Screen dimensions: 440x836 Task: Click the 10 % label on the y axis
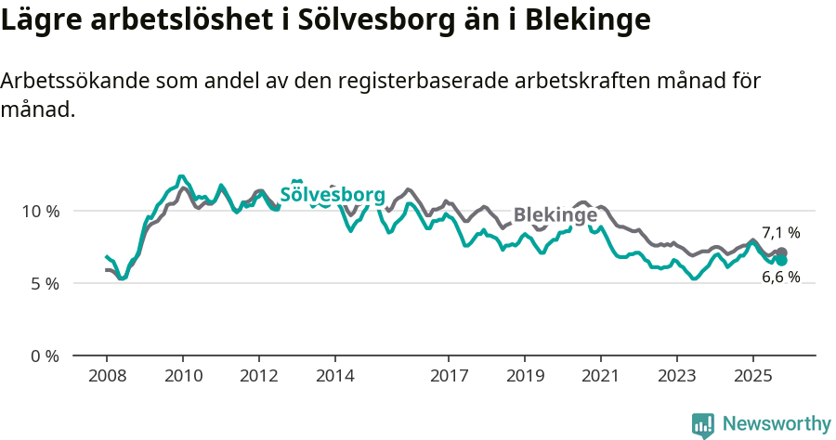point(41,211)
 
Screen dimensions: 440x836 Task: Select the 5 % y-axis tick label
point(45,283)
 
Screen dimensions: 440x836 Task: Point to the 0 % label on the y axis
point(45,356)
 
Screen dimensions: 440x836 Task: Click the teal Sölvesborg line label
point(332,195)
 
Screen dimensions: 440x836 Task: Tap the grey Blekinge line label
point(555,215)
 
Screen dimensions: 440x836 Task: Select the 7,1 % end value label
point(781,233)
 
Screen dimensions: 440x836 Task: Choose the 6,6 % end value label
point(781,277)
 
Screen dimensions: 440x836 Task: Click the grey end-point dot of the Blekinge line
point(782,252)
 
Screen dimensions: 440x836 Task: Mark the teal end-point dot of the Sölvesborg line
point(782,261)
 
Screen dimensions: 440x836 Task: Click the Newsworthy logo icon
point(703,425)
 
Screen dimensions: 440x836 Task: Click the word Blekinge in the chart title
point(587,19)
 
